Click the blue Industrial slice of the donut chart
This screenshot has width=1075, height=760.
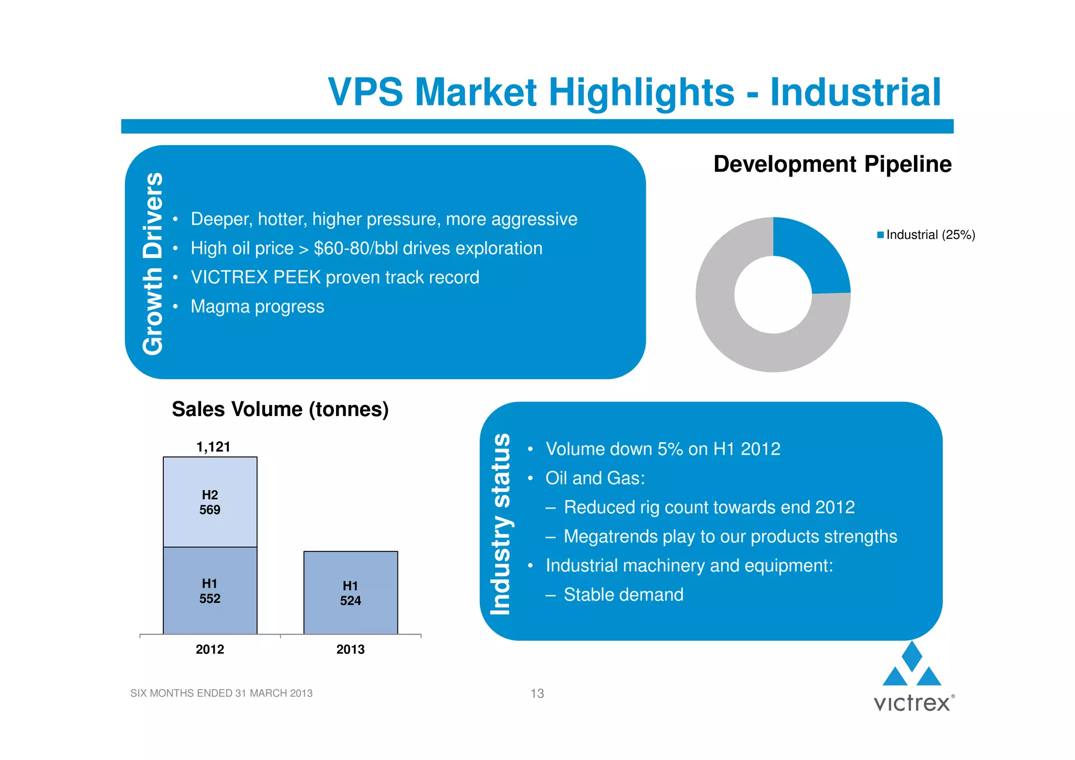(x=814, y=252)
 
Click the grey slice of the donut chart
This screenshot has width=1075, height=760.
(x=735, y=336)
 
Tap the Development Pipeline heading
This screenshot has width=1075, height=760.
(x=832, y=164)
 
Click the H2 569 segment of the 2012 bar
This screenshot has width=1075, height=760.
(x=210, y=502)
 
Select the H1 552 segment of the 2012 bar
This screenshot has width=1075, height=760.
(x=210, y=591)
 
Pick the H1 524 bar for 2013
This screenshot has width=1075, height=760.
(x=351, y=593)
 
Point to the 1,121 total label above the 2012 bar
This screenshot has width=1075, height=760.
(x=213, y=447)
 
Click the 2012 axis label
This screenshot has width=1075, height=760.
(x=210, y=649)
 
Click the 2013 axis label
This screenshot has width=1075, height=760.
(x=351, y=649)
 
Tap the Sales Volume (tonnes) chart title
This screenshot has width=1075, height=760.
(x=280, y=409)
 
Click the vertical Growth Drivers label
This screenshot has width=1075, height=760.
(x=153, y=263)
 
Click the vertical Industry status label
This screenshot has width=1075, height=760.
(x=500, y=524)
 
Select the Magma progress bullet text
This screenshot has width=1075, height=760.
(x=257, y=306)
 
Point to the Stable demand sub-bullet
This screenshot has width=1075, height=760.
(x=623, y=595)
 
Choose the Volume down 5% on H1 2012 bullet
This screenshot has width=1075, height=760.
(x=662, y=449)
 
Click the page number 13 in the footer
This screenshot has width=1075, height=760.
(x=537, y=693)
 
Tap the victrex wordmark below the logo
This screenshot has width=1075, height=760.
(x=912, y=703)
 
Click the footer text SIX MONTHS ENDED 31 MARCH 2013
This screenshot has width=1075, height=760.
(x=221, y=693)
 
